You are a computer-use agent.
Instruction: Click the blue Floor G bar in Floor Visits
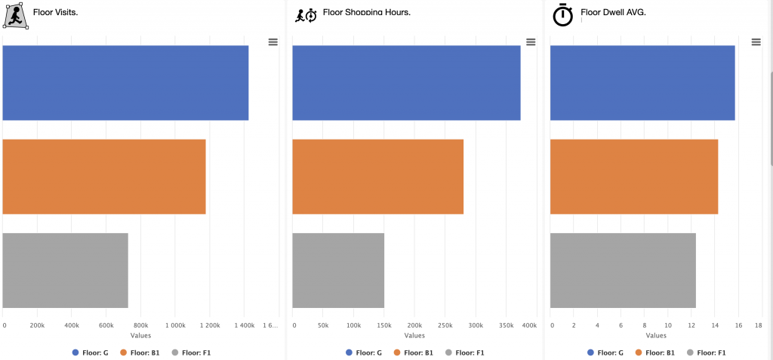point(125,83)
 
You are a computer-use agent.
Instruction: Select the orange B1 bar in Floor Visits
point(104,177)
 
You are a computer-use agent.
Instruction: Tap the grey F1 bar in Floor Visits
point(65,270)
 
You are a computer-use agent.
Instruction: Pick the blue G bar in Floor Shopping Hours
point(406,83)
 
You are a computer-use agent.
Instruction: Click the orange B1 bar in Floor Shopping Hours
point(377,177)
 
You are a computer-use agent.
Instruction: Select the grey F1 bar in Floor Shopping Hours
point(338,270)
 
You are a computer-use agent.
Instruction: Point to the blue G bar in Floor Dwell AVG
point(642,83)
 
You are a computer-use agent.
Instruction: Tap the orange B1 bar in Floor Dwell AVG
point(634,177)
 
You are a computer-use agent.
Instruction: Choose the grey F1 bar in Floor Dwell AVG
point(623,270)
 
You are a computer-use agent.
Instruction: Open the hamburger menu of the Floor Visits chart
point(273,42)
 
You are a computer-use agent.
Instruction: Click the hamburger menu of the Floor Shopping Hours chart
point(531,42)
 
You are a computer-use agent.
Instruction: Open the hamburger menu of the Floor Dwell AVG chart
point(756,42)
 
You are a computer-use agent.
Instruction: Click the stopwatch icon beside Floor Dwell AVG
point(563,15)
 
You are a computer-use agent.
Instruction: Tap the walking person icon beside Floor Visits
point(16,16)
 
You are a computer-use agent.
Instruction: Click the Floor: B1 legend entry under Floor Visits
point(140,352)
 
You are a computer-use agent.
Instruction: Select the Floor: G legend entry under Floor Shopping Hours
point(364,352)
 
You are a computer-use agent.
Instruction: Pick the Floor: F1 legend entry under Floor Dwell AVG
point(707,352)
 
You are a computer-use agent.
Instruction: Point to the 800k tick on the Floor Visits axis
point(140,325)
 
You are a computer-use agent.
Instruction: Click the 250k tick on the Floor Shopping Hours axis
point(445,325)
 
